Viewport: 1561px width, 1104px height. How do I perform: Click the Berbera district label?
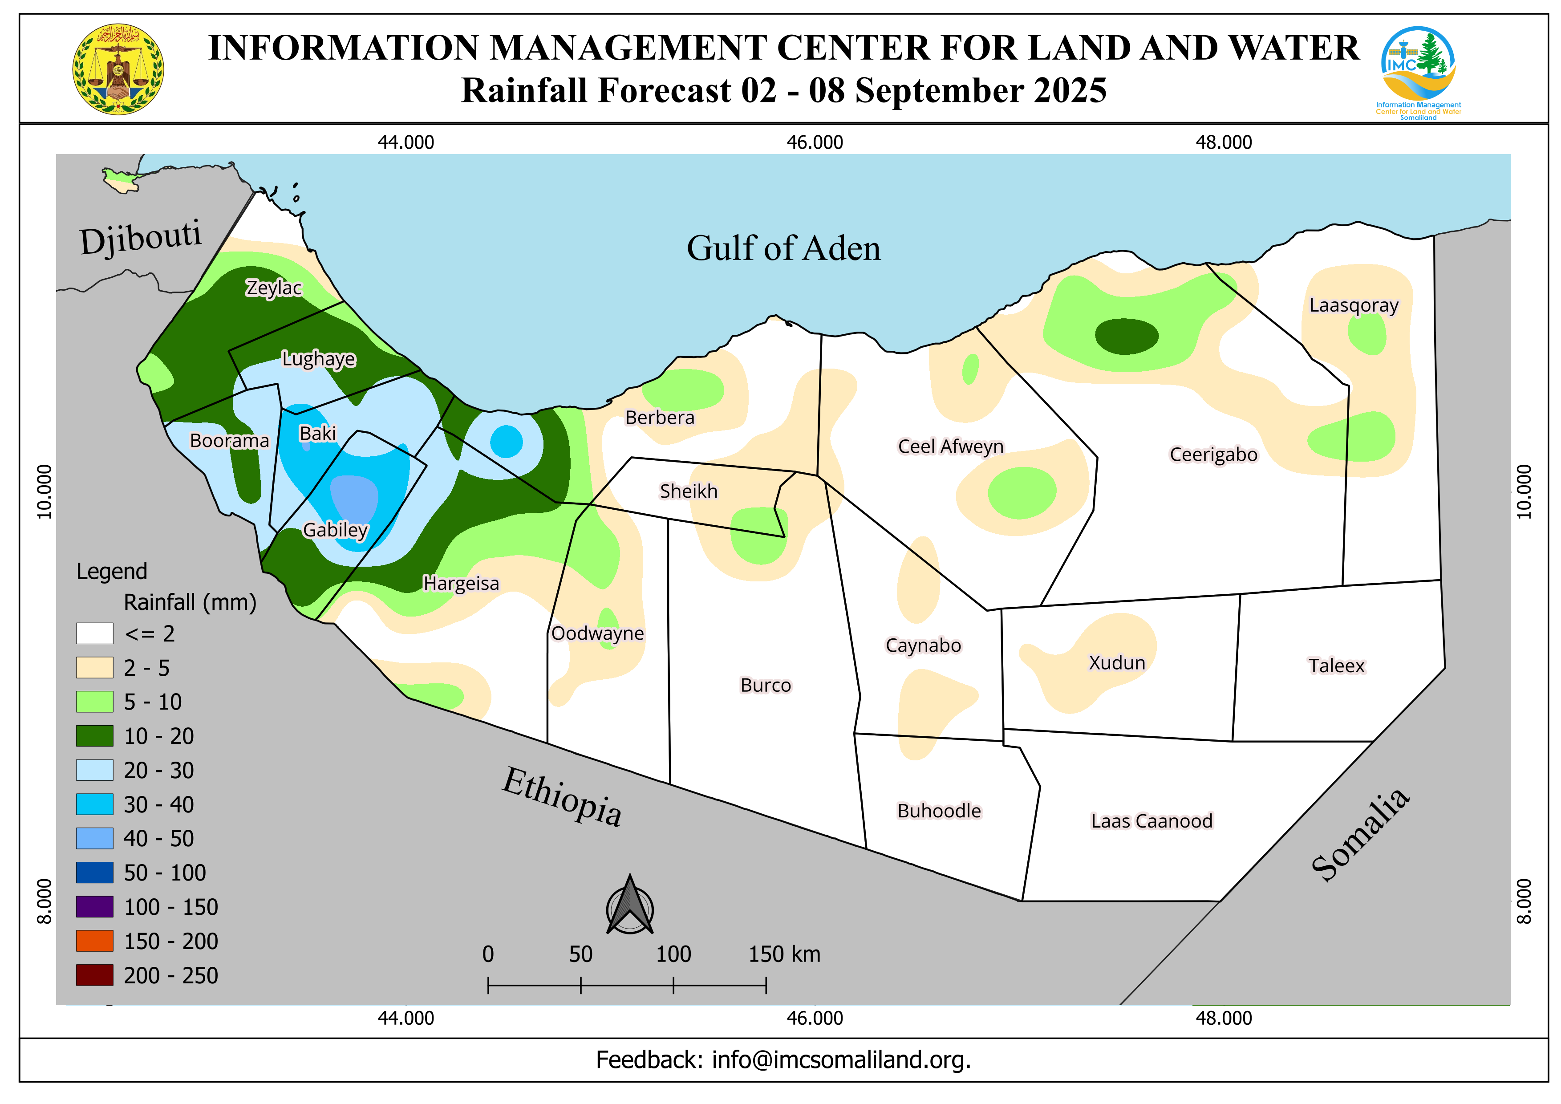click(x=660, y=418)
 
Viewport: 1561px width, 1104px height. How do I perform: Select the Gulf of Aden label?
click(x=783, y=248)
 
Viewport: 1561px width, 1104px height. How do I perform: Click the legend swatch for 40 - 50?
click(x=94, y=838)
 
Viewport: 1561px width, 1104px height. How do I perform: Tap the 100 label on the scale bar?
click(x=673, y=954)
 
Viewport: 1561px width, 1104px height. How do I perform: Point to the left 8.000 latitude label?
click(x=44, y=901)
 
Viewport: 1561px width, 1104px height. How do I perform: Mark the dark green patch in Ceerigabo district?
click(x=1127, y=336)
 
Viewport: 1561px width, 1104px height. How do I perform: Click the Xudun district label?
click(x=1116, y=663)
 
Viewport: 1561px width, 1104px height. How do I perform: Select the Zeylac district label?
click(x=273, y=288)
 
